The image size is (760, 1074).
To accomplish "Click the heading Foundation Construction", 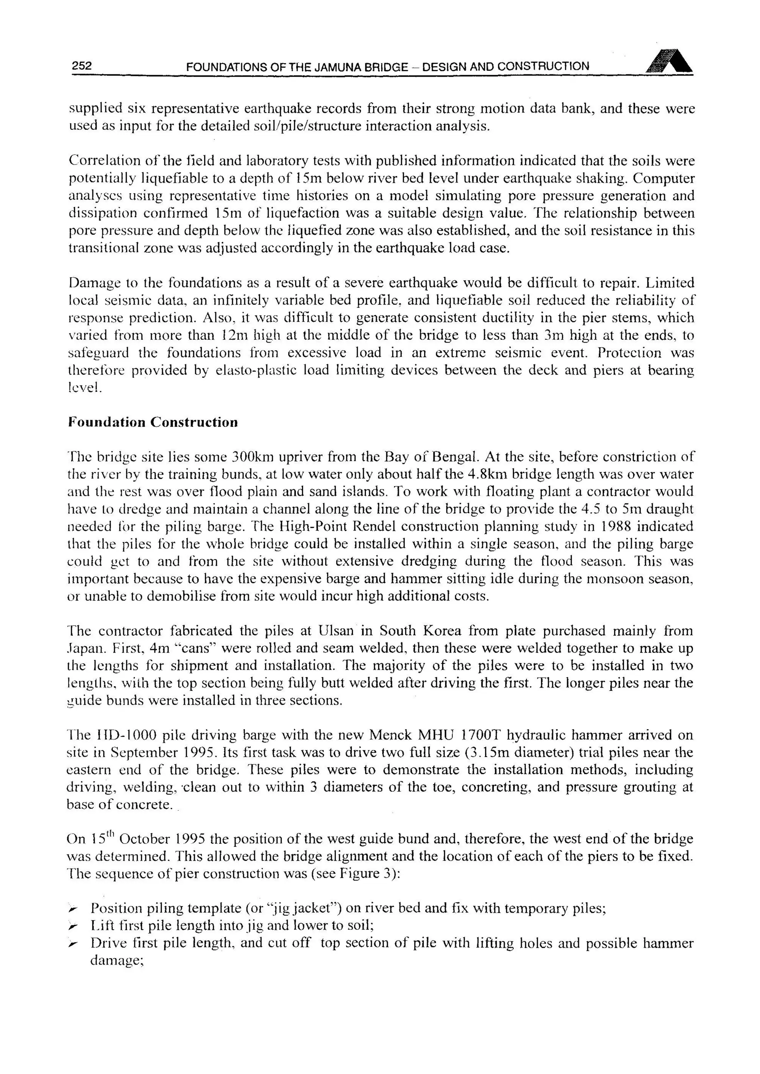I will pyautogui.click(x=153, y=422).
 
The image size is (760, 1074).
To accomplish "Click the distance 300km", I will pyautogui.click(x=250, y=456).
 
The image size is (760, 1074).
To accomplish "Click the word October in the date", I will pyautogui.click(x=145, y=840).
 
